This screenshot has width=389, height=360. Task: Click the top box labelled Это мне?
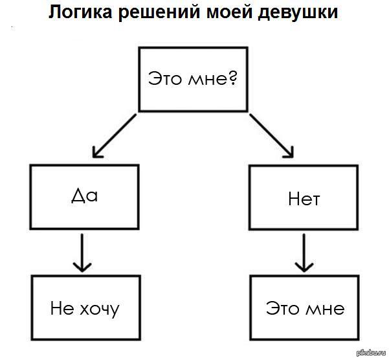194,78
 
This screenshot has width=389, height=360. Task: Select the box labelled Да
84,196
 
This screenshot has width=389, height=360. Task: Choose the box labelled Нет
304,197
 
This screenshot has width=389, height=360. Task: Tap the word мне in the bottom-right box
327,309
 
